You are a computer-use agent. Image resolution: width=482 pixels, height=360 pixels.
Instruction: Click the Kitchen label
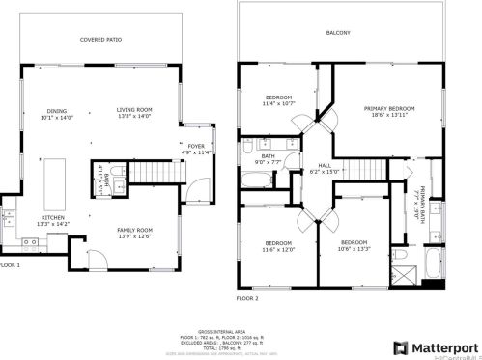(x=52, y=219)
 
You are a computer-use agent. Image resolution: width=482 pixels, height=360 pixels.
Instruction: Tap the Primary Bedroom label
(x=388, y=109)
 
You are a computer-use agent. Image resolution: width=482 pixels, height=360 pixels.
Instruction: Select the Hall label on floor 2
(x=325, y=165)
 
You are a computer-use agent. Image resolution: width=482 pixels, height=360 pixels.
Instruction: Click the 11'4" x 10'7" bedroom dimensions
(x=279, y=103)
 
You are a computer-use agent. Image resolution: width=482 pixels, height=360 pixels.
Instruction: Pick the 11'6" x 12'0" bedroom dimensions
(x=278, y=250)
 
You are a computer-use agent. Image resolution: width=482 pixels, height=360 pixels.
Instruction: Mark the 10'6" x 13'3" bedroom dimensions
(x=354, y=250)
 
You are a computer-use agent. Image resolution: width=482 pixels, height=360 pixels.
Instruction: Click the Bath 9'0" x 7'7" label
(x=268, y=159)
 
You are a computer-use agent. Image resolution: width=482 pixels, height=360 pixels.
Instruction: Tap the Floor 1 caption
(x=10, y=264)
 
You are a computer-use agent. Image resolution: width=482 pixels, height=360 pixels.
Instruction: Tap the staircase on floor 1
(x=150, y=173)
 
